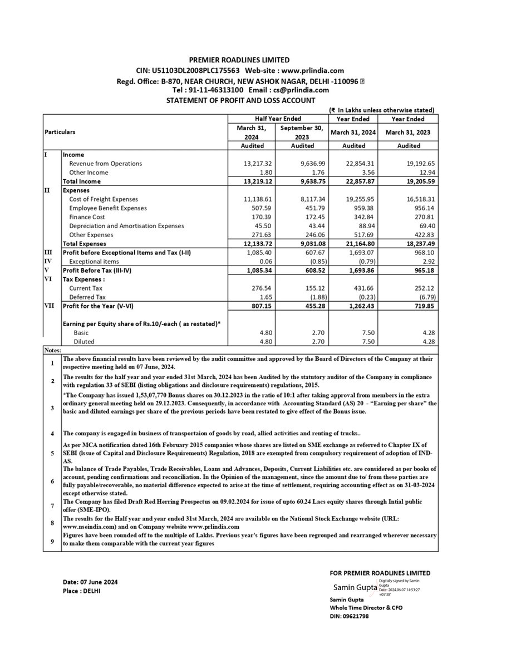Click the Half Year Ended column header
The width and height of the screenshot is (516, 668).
tap(278, 119)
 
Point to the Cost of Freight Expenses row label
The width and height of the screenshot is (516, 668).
tap(104, 199)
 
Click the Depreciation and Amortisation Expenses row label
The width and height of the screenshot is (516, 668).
tap(119, 226)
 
